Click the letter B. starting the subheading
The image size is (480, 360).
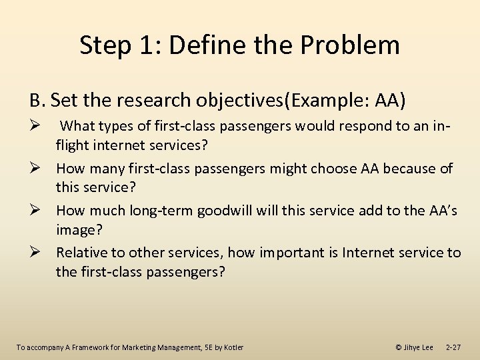(37, 100)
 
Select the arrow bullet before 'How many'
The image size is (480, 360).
(37, 169)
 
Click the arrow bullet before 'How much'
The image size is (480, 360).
(37, 211)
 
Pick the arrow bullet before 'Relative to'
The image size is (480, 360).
(37, 253)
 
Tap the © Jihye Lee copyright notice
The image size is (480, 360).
(414, 347)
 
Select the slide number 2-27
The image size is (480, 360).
(453, 347)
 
